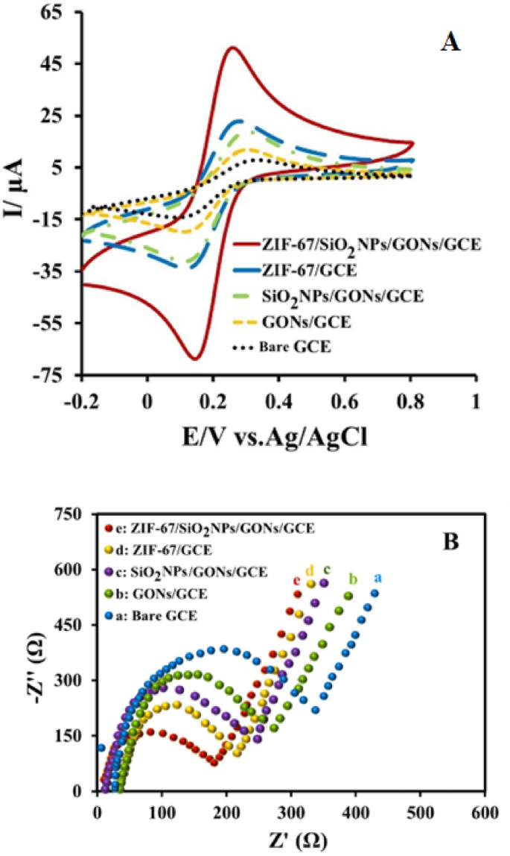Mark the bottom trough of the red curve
tap(195, 359)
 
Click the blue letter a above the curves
tap(377, 578)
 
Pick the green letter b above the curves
tap(353, 579)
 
